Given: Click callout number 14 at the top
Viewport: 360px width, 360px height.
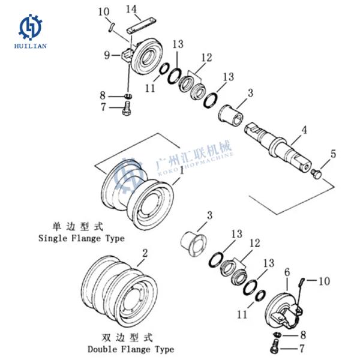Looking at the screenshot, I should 133,9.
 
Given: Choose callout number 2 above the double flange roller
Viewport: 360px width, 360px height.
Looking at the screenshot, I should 145,253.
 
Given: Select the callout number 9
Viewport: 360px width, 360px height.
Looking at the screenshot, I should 107,55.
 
